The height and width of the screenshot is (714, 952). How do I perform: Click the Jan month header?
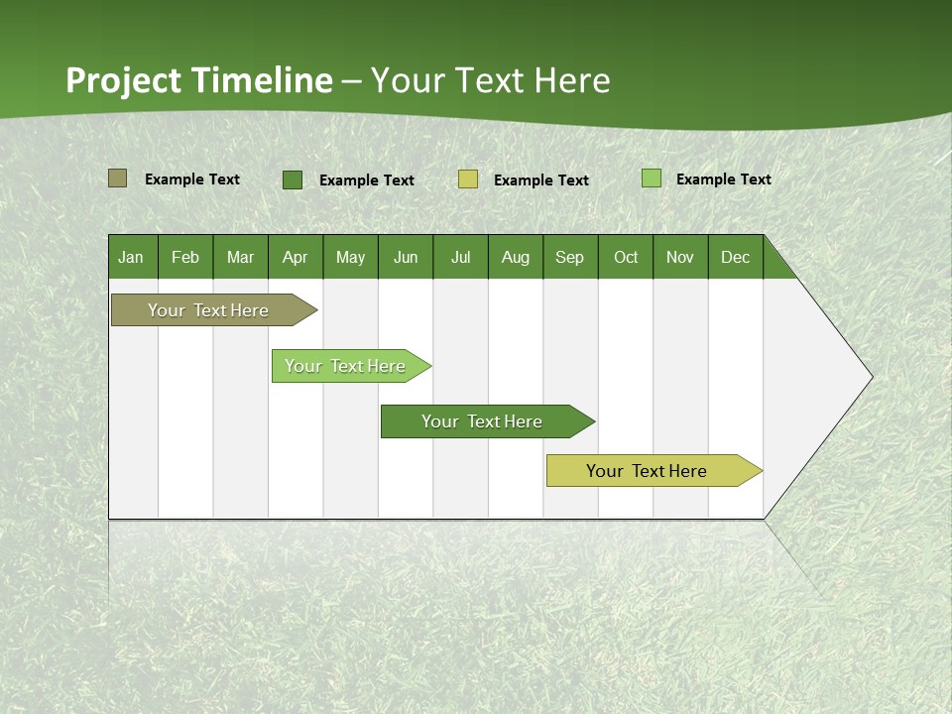tap(132, 257)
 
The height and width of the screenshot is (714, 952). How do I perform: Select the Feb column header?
tap(185, 257)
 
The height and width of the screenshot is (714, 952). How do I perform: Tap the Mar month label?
tap(240, 257)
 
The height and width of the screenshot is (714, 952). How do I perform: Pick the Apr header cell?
tap(296, 257)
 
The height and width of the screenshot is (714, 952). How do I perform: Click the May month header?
tap(350, 257)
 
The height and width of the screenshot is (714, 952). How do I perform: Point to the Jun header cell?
tap(406, 257)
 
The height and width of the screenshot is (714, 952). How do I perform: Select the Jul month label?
tap(460, 257)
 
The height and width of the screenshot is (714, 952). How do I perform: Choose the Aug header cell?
tap(516, 257)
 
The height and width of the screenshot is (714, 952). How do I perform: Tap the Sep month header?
tap(570, 257)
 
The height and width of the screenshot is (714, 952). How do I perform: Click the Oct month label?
tap(626, 257)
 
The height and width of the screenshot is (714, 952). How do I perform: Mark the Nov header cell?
tap(680, 257)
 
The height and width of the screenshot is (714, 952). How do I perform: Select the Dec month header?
tap(736, 257)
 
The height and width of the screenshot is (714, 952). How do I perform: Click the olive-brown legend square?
tap(117, 178)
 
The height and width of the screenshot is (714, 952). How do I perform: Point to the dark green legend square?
tap(293, 179)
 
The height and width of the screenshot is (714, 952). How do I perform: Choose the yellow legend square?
tap(468, 179)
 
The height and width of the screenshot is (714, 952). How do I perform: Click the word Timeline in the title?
tap(262, 80)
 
